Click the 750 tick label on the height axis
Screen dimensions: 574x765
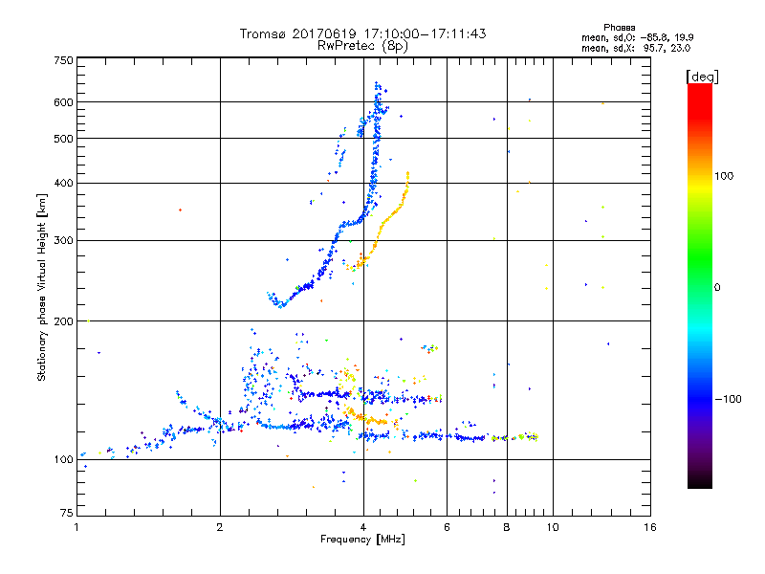tap(64, 59)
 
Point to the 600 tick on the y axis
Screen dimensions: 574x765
tap(64, 101)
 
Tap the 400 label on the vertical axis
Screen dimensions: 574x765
tap(64, 183)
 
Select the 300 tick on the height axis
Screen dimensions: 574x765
tap(64, 240)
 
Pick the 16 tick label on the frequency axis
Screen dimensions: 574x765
tap(649, 527)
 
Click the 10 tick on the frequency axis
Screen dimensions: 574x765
tap(552, 527)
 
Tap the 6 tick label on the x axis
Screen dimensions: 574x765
tap(448, 527)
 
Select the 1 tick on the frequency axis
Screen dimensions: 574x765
tap(76, 527)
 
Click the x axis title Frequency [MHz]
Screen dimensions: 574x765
tap(363, 540)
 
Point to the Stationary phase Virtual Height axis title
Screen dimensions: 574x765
tap(42, 288)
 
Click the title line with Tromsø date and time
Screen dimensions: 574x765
tap(363, 33)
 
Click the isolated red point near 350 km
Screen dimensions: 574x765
tap(180, 210)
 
